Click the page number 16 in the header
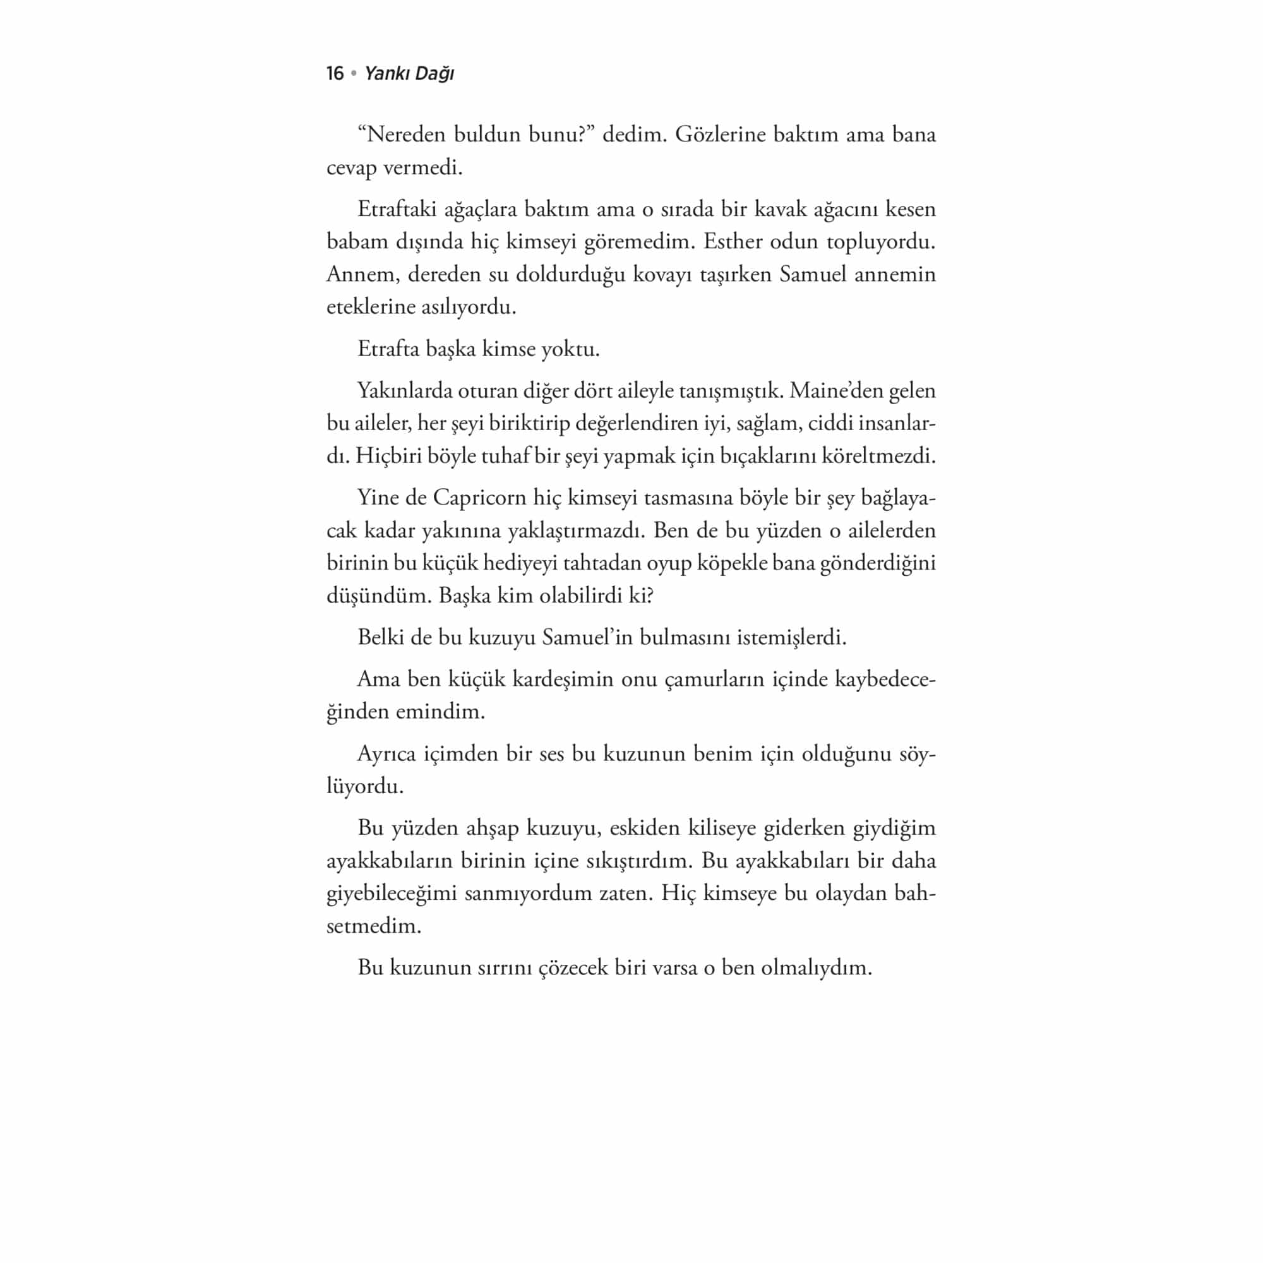[x=335, y=73]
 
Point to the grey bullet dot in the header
[x=354, y=73]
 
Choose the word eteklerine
[x=369, y=307]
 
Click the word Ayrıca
[x=386, y=754]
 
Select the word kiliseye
[x=725, y=829]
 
